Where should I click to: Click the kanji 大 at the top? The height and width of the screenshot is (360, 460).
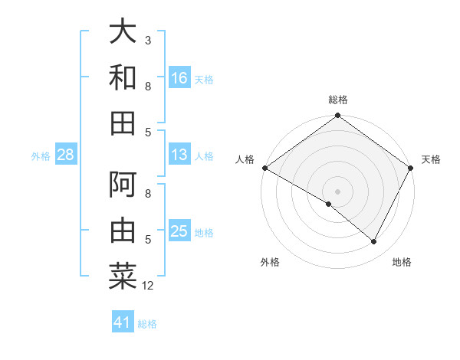tap(123, 32)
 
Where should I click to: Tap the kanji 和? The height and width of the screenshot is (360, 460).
tap(123, 77)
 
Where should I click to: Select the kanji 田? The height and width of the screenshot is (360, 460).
tap(123, 123)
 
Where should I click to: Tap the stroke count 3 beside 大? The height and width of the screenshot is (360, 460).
tap(148, 40)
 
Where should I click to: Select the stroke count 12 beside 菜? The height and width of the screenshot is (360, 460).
tap(148, 286)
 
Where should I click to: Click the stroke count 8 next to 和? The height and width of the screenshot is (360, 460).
tap(148, 86)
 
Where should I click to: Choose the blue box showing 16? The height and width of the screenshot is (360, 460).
tap(179, 77)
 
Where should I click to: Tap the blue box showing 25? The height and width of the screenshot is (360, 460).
tap(179, 232)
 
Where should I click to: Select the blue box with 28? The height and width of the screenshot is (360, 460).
tap(65, 155)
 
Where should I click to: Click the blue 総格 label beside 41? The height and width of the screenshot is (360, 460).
tap(147, 324)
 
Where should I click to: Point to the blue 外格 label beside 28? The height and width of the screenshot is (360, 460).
tap(41, 156)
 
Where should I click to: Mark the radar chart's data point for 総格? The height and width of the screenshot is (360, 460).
tap(337, 116)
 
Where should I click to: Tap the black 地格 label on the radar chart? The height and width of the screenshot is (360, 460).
tap(402, 262)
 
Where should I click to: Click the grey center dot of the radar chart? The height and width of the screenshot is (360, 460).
tap(337, 191)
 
